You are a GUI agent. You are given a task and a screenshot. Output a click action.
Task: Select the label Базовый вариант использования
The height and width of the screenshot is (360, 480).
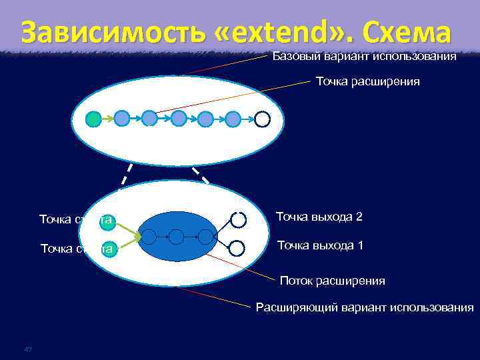[364, 57]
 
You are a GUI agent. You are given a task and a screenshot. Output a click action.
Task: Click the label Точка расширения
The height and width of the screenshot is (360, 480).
[367, 81]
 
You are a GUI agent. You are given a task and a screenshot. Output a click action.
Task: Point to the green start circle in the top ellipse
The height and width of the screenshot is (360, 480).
[94, 119]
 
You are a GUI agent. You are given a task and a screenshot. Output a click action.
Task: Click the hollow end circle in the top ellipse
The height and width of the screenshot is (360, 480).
[262, 119]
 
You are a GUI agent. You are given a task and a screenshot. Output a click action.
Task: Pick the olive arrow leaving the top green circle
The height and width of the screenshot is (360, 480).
[108, 119]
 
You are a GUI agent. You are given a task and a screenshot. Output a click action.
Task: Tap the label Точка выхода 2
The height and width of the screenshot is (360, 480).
[319, 217]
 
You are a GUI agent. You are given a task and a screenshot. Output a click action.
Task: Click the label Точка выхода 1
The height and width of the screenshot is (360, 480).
[319, 245]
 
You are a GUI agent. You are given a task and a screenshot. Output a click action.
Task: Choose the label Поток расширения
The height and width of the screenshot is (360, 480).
[332, 281]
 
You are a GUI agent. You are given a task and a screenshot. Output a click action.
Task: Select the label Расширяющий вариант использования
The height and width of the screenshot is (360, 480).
[365, 307]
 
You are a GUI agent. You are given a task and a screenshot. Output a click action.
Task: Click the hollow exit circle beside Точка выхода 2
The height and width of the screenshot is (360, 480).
[238, 219]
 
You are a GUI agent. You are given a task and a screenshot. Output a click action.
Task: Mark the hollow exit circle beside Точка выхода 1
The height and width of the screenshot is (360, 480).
[238, 248]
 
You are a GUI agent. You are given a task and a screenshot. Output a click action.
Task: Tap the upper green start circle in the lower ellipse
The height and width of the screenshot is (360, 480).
[107, 221]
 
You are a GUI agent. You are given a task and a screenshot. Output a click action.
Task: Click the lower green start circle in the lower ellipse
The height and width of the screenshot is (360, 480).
[107, 249]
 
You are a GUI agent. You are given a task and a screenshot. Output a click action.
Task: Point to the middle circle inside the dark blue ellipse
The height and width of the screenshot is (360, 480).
[176, 237]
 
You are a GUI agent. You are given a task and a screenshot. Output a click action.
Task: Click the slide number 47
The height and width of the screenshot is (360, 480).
[27, 349]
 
